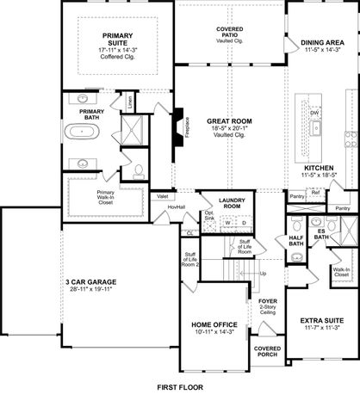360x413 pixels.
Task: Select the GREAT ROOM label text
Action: tap(228, 122)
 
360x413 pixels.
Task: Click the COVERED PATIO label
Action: tap(229, 32)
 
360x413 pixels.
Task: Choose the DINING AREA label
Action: tap(323, 40)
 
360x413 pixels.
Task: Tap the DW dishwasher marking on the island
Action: tap(315, 113)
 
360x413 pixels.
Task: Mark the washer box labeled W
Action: tap(229, 223)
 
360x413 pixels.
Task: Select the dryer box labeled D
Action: tap(243, 223)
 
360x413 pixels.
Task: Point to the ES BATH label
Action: tap(320, 233)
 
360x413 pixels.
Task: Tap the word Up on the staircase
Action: tap(262, 274)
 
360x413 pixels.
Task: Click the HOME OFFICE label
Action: tap(211, 324)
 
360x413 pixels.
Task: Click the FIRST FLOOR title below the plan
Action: tap(180, 389)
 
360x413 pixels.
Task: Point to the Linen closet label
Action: tap(129, 101)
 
